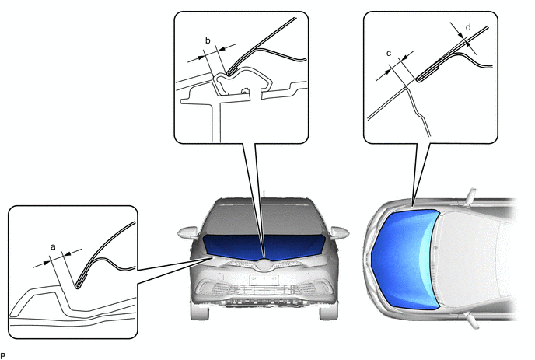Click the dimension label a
point(53,246)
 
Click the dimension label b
point(208,40)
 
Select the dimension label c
point(389,54)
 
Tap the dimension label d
point(468,27)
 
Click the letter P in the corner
point(3,356)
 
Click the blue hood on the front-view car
point(264,246)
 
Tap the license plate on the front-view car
point(264,280)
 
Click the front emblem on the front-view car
point(264,264)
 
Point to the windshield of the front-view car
point(264,220)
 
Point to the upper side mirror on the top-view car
point(471,195)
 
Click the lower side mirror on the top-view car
point(474,322)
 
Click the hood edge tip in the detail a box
point(78,287)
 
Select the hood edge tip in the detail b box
point(229,72)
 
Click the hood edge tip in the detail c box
point(419,79)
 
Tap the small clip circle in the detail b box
point(244,91)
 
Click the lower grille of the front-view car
point(264,290)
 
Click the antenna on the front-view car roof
point(264,194)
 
